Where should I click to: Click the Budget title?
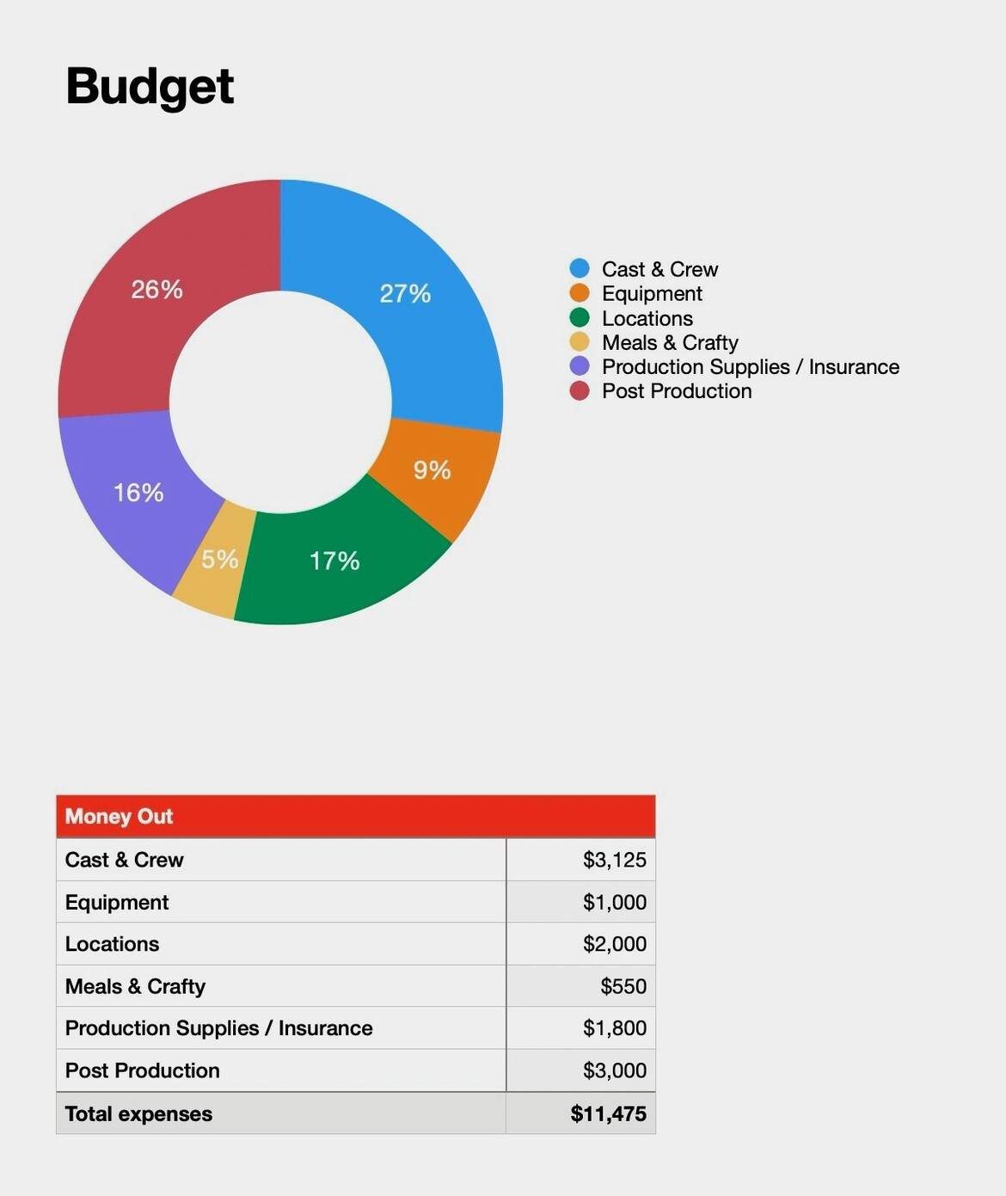[150, 87]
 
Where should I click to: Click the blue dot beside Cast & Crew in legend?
[580, 269]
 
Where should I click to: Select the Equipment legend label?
[652, 294]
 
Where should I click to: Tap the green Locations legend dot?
[580, 318]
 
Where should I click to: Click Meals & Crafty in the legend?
[670, 343]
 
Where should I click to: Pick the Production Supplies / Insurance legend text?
[750, 367]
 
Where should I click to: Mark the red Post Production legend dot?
[580, 391]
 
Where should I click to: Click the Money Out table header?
[119, 816]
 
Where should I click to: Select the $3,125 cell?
[614, 860]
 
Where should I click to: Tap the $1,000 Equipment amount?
[614, 902]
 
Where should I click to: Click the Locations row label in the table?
[112, 944]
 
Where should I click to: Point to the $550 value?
[623, 986]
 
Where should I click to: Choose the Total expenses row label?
[138, 1113]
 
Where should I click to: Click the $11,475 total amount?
[608, 1113]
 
